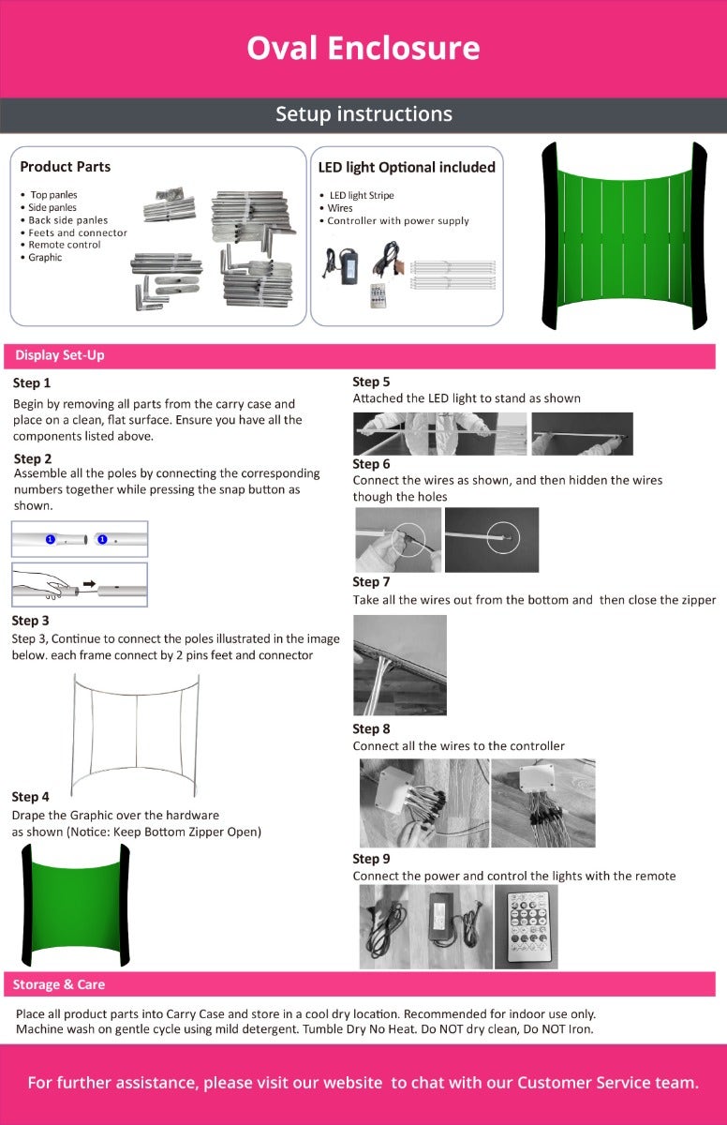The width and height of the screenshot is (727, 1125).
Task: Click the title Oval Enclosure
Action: pyautogui.click(x=363, y=48)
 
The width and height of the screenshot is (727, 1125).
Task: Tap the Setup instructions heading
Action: pyautogui.click(x=363, y=114)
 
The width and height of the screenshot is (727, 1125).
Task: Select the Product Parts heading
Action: pyautogui.click(x=66, y=167)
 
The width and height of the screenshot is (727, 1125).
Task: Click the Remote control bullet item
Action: pyautogui.click(x=65, y=245)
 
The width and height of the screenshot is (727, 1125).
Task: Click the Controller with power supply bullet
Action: pyautogui.click(x=398, y=221)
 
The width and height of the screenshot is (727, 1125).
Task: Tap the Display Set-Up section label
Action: pyautogui.click(x=60, y=356)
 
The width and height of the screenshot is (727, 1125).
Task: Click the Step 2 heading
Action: pyautogui.click(x=33, y=458)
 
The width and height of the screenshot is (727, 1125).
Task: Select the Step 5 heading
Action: pyautogui.click(x=371, y=382)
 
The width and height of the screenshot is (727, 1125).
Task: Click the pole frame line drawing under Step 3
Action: pyautogui.click(x=137, y=731)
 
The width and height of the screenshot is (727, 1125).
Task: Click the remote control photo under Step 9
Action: pyautogui.click(x=526, y=927)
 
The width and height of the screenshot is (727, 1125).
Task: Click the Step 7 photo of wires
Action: pyautogui.click(x=399, y=665)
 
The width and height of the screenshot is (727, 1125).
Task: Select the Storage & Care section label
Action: pyautogui.click(x=59, y=984)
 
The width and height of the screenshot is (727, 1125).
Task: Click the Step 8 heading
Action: pyautogui.click(x=371, y=728)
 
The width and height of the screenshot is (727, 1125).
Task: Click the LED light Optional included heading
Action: pyautogui.click(x=407, y=167)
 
